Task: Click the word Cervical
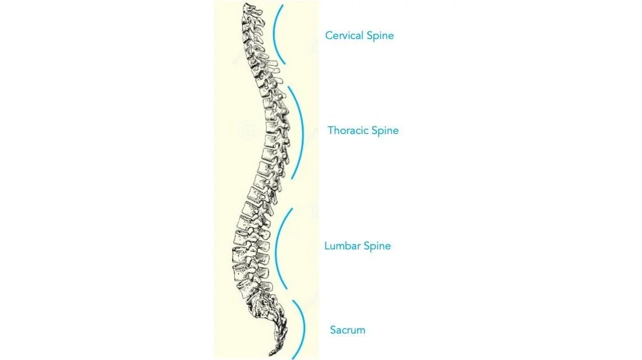coord(344,35)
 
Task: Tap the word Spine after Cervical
coord(380,36)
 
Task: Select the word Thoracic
coord(348,130)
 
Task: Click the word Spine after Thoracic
coord(385,131)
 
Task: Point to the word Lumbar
coord(341,246)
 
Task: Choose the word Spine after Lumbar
coord(377,246)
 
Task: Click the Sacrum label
coord(347,330)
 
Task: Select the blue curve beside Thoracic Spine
coord(301,132)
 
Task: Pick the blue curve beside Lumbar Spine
coord(275,249)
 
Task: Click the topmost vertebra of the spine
coord(249,8)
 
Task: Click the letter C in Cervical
coord(329,35)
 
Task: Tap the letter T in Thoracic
coord(331,130)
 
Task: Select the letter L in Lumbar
coord(327,246)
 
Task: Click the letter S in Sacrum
coord(333,330)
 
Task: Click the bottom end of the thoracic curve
coord(292,178)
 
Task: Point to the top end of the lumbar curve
coord(292,209)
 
